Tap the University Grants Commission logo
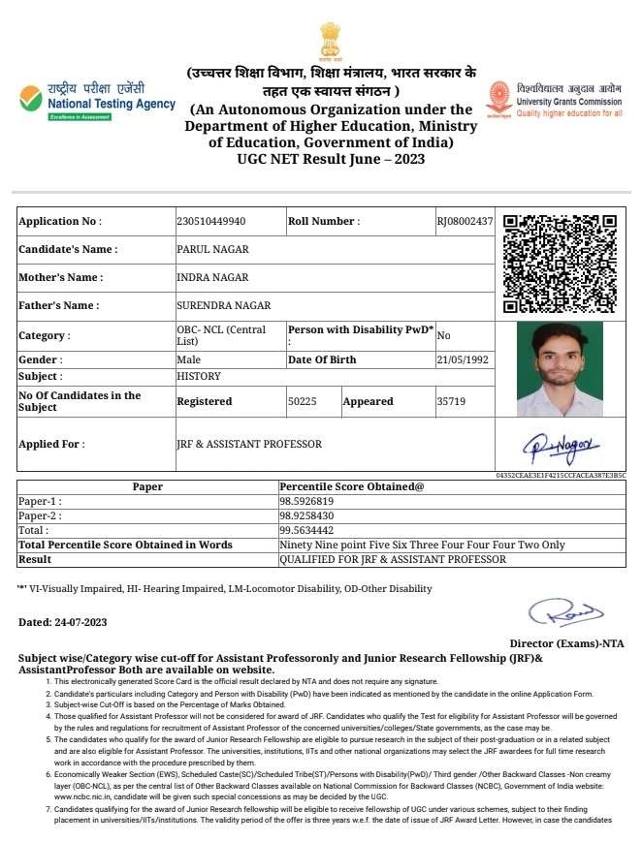pos(554,100)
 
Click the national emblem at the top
pos(332,40)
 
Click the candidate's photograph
pos(560,369)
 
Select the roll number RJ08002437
pos(465,222)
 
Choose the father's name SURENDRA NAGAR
pos(223,305)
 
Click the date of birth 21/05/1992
pos(464,359)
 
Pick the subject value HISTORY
pos(199,376)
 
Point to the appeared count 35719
pos(451,401)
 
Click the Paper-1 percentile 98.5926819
pos(306,501)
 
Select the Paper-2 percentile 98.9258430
pos(306,515)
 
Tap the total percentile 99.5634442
pos(306,530)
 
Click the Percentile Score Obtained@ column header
pos(352,486)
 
